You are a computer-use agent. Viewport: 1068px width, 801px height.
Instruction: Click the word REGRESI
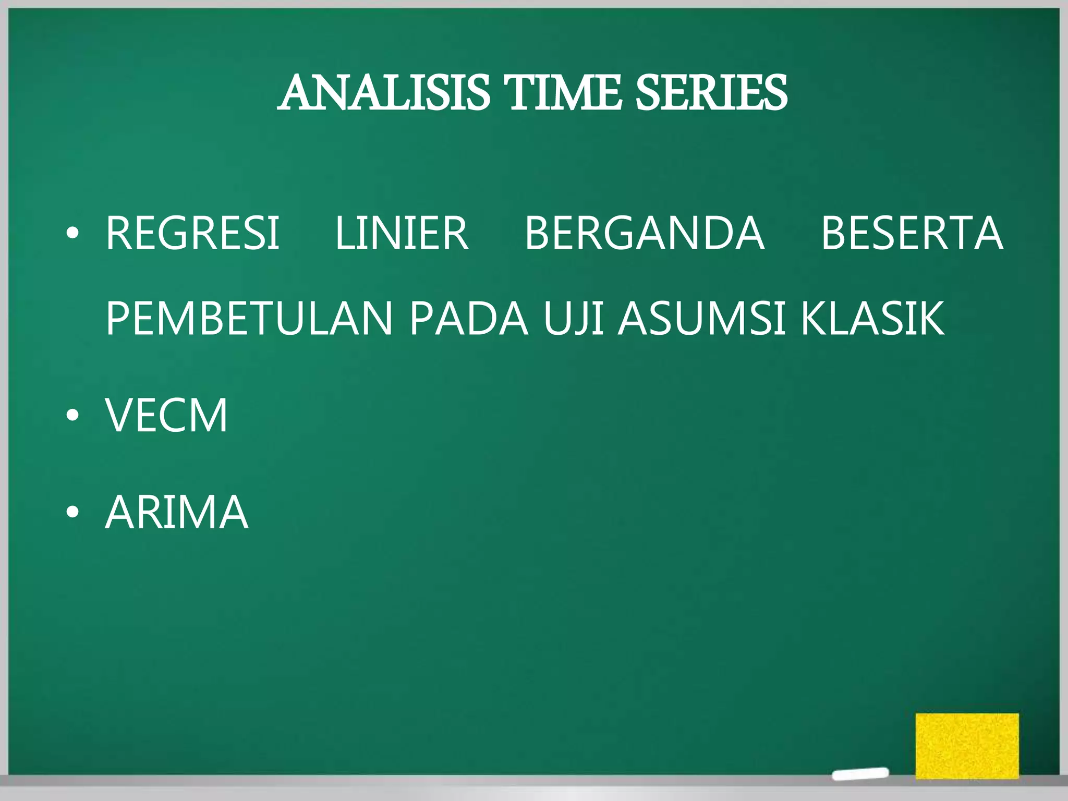[x=192, y=233]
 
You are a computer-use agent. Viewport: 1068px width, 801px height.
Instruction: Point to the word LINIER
[x=402, y=233]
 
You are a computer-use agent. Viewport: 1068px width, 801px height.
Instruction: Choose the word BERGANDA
[x=645, y=233]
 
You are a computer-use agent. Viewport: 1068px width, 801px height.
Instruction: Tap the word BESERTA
[x=912, y=233]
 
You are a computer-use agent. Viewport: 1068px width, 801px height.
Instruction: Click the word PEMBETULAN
[x=249, y=318]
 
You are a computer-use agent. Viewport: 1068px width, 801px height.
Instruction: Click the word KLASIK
[x=872, y=318]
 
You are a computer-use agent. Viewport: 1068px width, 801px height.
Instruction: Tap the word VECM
[x=167, y=415]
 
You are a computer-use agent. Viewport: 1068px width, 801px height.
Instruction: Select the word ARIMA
[x=177, y=513]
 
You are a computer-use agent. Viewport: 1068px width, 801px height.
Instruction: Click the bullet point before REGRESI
[x=72, y=235]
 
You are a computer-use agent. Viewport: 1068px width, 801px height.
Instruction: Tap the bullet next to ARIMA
[x=72, y=514]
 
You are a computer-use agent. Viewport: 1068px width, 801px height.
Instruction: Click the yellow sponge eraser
[x=967, y=745]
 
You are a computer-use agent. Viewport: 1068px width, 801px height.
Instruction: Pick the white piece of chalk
[x=860, y=773]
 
